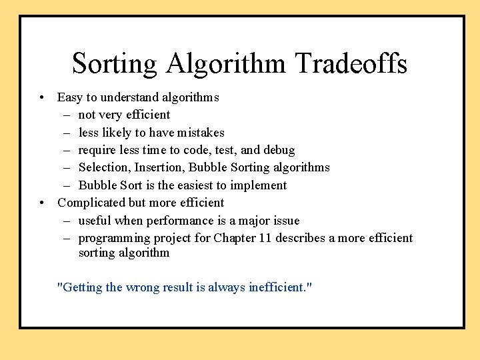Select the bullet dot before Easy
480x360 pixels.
[x=42, y=97]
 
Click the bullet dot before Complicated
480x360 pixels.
[x=42, y=203]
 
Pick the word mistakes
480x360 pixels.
[x=199, y=133]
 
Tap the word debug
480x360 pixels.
[x=279, y=150]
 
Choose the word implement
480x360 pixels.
[x=261, y=185]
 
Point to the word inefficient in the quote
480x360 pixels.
[x=277, y=287]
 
